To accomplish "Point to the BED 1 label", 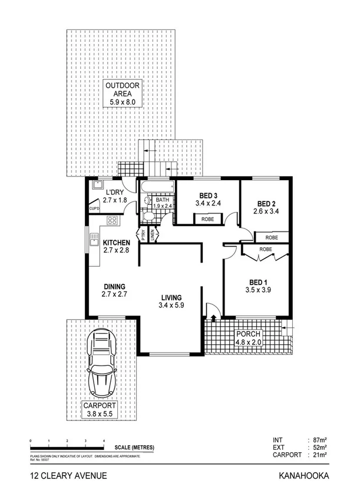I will click(257, 286).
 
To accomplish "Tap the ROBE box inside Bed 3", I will click(208, 219).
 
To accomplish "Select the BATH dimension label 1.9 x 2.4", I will click(163, 206).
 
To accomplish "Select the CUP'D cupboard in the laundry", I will click(94, 209).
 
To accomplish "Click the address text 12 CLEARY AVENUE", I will click(68, 476).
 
